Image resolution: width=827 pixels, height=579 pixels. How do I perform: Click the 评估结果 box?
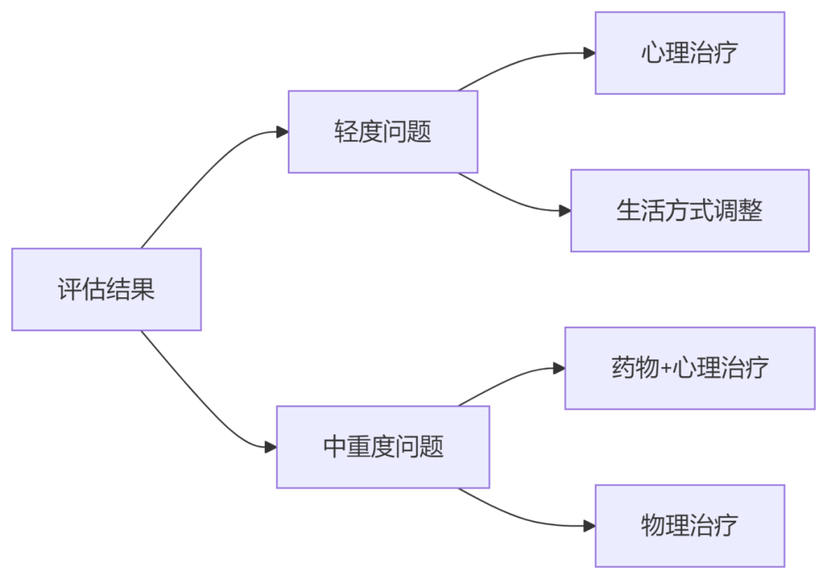point(106,289)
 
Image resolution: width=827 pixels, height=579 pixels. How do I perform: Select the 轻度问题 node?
point(383,132)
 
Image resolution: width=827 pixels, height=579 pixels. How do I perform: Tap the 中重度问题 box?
point(383,447)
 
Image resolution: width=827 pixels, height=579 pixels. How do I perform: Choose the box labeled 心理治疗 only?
point(690,53)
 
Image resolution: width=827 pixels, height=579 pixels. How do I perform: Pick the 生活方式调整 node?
point(689,211)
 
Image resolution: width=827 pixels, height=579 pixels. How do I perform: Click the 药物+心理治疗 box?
point(689,368)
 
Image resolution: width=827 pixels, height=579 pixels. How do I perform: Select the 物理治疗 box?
point(690,525)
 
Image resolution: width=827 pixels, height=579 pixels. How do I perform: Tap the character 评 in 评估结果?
point(70,289)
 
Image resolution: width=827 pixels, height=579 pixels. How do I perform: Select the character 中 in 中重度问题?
point(335,447)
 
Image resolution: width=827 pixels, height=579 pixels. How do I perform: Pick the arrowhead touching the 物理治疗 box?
point(589,525)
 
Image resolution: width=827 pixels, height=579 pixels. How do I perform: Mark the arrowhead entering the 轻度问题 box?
point(282,132)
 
